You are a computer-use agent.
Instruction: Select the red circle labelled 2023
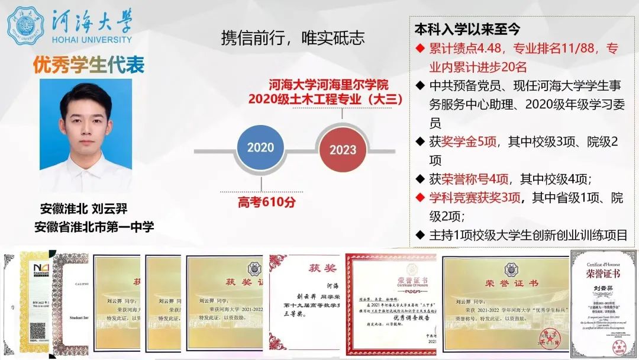(x=343, y=150)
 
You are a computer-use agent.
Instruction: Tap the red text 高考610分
(x=267, y=202)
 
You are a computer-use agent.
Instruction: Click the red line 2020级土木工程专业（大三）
(x=325, y=99)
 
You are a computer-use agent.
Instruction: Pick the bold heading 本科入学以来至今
(x=467, y=29)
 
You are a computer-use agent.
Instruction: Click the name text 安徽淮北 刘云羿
(x=84, y=209)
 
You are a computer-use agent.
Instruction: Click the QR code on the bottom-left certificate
(x=28, y=339)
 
